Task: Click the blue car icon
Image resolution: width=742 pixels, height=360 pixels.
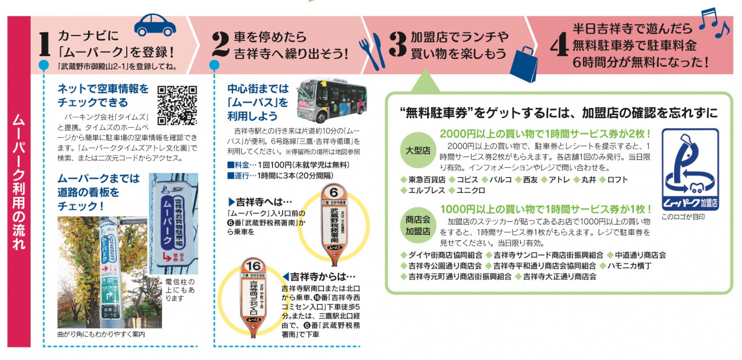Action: tap(155, 25)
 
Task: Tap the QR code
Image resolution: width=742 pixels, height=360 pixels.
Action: tap(177, 104)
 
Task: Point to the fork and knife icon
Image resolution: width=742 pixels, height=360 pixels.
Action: tap(372, 50)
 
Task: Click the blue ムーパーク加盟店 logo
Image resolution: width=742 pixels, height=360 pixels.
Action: tap(690, 170)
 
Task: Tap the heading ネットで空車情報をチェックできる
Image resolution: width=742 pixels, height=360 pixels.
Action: tap(103, 95)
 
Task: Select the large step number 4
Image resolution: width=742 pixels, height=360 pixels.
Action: tap(556, 46)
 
